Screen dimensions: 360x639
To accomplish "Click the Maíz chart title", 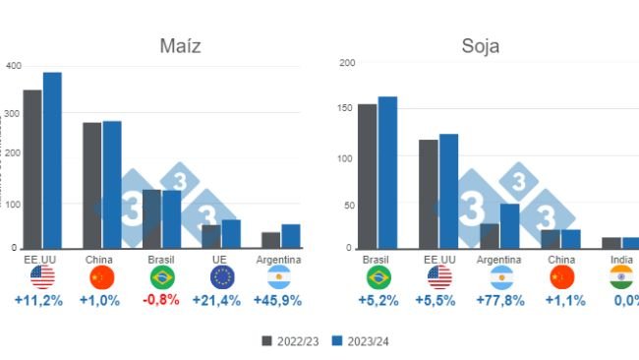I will (x=181, y=46).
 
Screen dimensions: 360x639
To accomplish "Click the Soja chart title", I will (x=480, y=46).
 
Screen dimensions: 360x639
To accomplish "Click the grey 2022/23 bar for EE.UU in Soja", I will (x=429, y=194).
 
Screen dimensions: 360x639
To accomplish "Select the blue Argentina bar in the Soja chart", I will (x=509, y=226).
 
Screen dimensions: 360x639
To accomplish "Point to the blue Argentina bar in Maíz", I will (x=291, y=236).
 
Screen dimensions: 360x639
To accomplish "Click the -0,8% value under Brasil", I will (x=160, y=300).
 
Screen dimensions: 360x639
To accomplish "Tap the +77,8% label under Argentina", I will (x=499, y=300).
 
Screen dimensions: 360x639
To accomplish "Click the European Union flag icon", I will (x=221, y=277).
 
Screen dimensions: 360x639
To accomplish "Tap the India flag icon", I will (x=620, y=277).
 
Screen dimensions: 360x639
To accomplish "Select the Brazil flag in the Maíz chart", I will (x=161, y=277).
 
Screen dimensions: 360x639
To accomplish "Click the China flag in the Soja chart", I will (x=561, y=277).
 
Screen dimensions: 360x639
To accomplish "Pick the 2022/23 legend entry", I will (x=290, y=341).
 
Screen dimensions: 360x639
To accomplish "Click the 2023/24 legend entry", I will (x=356, y=341).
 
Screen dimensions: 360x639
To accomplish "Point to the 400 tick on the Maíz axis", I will (x=13, y=66).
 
